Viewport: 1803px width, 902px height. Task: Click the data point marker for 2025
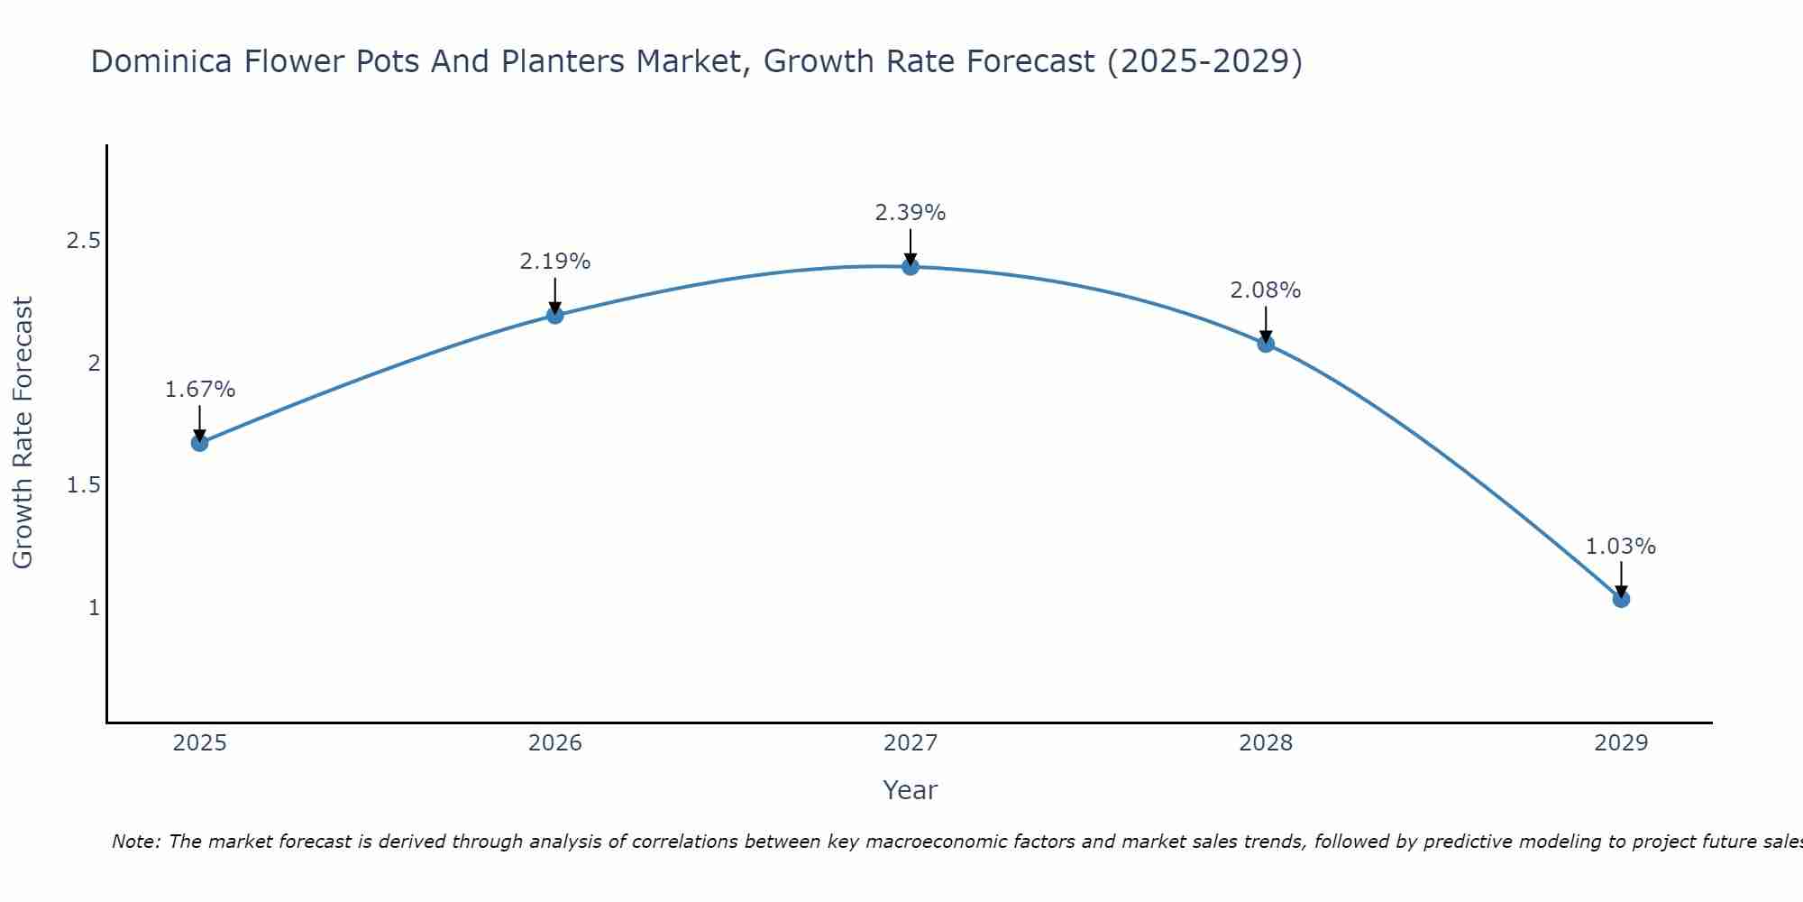pos(200,443)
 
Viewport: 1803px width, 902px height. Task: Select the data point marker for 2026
pos(555,315)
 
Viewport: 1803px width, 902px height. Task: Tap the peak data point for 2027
pos(911,266)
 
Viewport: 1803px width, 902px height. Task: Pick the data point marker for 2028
pos(1266,344)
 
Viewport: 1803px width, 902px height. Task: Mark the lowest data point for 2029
pos(1621,599)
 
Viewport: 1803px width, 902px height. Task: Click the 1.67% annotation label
pos(200,390)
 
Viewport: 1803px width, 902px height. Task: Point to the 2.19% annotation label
pos(555,262)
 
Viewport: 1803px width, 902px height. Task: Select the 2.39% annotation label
pos(911,213)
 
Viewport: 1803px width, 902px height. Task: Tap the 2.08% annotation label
pos(1266,290)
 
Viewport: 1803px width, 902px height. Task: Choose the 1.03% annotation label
pos(1621,547)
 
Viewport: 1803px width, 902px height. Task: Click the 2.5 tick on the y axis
pos(83,241)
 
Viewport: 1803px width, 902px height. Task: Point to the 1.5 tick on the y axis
pos(83,485)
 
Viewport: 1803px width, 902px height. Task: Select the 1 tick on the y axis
pos(93,608)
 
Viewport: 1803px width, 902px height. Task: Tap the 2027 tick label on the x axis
pos(911,743)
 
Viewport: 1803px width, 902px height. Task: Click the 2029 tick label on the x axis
pos(1621,743)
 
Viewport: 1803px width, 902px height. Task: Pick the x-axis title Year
pos(911,790)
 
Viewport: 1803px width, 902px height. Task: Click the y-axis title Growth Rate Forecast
pos(23,432)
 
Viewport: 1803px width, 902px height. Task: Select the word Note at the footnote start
pos(134,842)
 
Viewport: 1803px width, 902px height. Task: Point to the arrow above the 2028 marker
pos(1266,324)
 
